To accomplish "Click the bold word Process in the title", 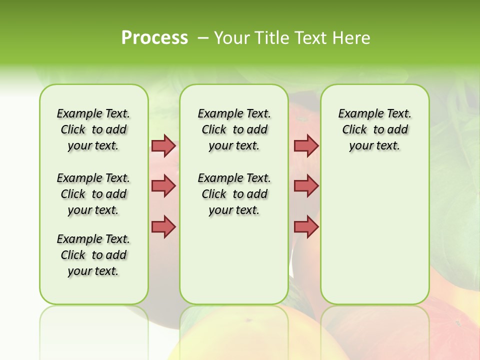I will [154, 38].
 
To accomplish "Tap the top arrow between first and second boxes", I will [163, 145].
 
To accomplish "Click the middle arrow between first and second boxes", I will [163, 186].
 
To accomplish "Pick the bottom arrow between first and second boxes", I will [163, 226].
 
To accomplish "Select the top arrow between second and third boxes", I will [306, 145].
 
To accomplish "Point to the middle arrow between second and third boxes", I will [306, 186].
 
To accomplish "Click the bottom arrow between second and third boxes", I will [306, 226].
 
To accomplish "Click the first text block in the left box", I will [93, 129].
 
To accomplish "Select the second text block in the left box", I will [93, 194].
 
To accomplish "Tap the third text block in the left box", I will [93, 255].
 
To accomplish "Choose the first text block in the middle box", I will [234, 129].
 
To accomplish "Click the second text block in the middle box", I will [234, 194].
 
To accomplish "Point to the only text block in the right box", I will [374, 129].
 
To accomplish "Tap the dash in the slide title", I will [203, 38].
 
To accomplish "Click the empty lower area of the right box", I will [374, 240].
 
